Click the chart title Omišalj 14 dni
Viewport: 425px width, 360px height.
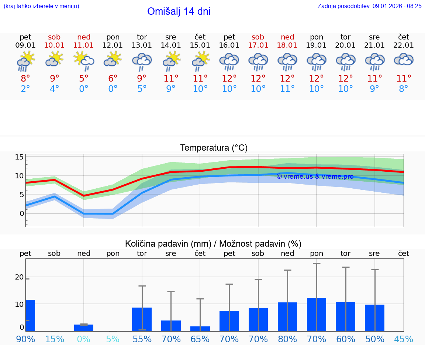[179, 11]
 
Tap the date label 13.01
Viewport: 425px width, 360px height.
[142, 45]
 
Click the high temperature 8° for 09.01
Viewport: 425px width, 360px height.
[25, 79]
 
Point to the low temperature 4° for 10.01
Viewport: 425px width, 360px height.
[54, 89]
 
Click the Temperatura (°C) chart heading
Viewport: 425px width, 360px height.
[214, 148]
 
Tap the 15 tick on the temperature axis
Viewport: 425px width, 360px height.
[19, 157]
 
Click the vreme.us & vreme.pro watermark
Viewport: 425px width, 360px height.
[315, 176]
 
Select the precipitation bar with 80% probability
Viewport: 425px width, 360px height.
[287, 316]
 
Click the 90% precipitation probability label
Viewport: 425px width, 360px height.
[25, 339]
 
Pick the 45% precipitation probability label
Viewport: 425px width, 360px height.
[404, 339]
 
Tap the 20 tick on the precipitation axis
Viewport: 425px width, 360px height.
[19, 277]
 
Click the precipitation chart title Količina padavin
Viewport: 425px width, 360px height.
[213, 244]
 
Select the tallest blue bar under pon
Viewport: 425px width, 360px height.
[317, 314]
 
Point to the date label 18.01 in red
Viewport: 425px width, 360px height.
[287, 45]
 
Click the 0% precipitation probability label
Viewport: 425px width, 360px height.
[84, 339]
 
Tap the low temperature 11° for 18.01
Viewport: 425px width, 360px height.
[287, 89]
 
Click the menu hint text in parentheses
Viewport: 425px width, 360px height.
[41, 6]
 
